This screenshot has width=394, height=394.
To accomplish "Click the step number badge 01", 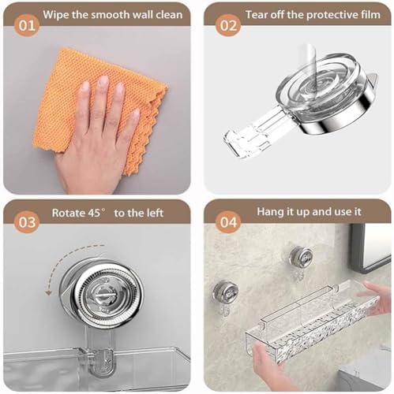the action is point(27,26).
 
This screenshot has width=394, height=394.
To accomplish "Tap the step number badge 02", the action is point(228,26).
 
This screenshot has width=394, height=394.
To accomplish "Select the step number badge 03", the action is point(27,222).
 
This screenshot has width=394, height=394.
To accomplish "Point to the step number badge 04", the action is point(228,222).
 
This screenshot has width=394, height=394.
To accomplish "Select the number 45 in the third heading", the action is point(94,213).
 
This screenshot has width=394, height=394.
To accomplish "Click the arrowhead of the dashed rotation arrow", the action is point(48,292).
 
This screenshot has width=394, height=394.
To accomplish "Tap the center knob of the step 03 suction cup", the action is point(103,295).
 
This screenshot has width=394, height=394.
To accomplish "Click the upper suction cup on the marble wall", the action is point(301,257).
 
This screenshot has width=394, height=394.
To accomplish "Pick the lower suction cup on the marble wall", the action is point(226,292).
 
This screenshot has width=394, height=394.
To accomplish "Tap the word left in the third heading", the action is point(154,213).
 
